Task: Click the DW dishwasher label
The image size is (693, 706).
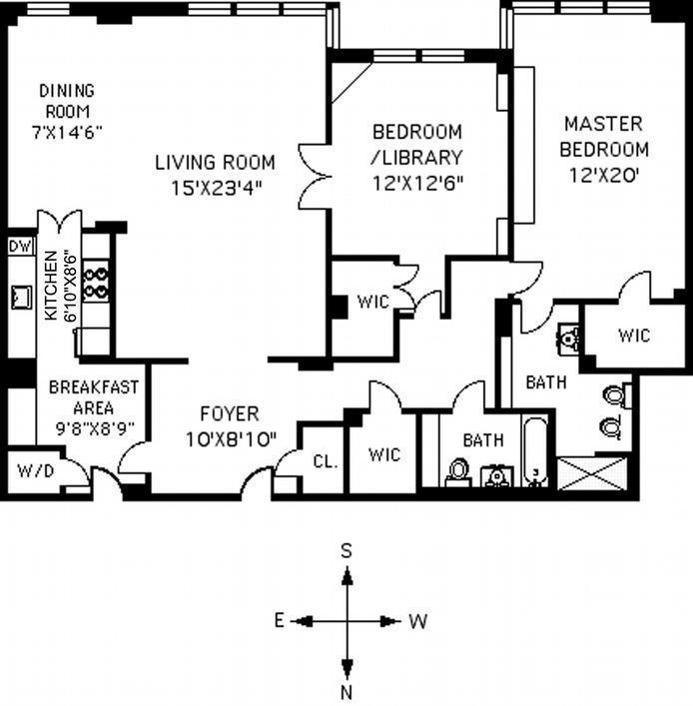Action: point(21,247)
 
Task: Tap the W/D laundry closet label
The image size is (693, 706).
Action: point(36,471)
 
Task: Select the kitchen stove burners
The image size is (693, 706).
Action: point(96,285)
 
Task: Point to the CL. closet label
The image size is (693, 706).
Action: point(326,461)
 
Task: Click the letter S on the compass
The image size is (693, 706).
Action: point(346,550)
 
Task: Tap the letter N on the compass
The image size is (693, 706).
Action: point(346,692)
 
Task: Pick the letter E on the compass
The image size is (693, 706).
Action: point(280,621)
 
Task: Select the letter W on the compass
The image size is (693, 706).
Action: point(417,621)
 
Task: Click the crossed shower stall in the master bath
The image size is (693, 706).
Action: point(592,473)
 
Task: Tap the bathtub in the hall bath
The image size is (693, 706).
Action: point(536,451)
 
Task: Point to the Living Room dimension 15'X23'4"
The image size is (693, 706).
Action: point(216,188)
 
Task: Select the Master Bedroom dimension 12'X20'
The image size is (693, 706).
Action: point(604,175)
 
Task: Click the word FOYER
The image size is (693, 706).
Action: point(230,413)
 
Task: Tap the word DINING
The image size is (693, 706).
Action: point(67,91)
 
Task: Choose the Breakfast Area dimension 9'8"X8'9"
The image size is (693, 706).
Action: point(95,428)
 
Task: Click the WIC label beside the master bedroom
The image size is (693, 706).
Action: point(634,336)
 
